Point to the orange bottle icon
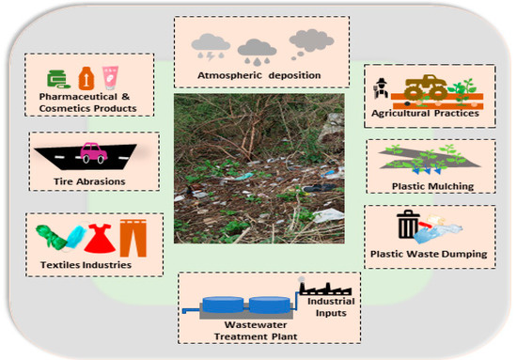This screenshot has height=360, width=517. pyautogui.click(x=85, y=73)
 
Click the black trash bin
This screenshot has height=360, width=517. pyautogui.click(x=408, y=226)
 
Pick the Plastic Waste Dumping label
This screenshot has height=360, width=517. pyautogui.click(x=428, y=254)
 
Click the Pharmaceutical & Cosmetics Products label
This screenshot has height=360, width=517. pyautogui.click(x=89, y=102)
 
